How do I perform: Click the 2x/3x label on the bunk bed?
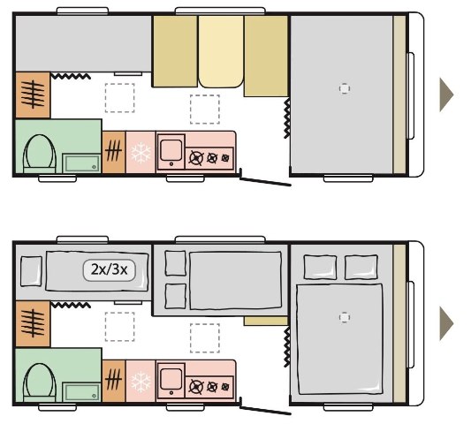point(109,270)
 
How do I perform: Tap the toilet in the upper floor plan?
point(40,154)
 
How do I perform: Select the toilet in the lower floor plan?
point(40,382)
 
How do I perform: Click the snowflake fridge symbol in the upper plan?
point(141,153)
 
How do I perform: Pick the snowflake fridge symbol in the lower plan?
point(141,382)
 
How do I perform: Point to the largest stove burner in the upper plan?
point(196,158)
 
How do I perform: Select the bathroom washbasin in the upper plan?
point(81,163)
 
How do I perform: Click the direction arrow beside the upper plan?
point(446,95)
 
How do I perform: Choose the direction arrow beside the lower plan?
point(446,323)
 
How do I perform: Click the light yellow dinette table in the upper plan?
point(221,51)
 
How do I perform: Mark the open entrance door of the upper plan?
point(265,182)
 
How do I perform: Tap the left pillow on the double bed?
point(320,267)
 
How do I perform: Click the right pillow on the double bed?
point(361,267)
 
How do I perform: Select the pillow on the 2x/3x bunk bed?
point(31,271)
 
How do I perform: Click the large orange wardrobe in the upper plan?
point(33,95)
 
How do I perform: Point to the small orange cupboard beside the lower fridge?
point(114,381)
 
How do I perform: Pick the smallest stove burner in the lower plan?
point(225,387)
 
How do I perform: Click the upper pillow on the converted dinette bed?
point(176,263)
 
